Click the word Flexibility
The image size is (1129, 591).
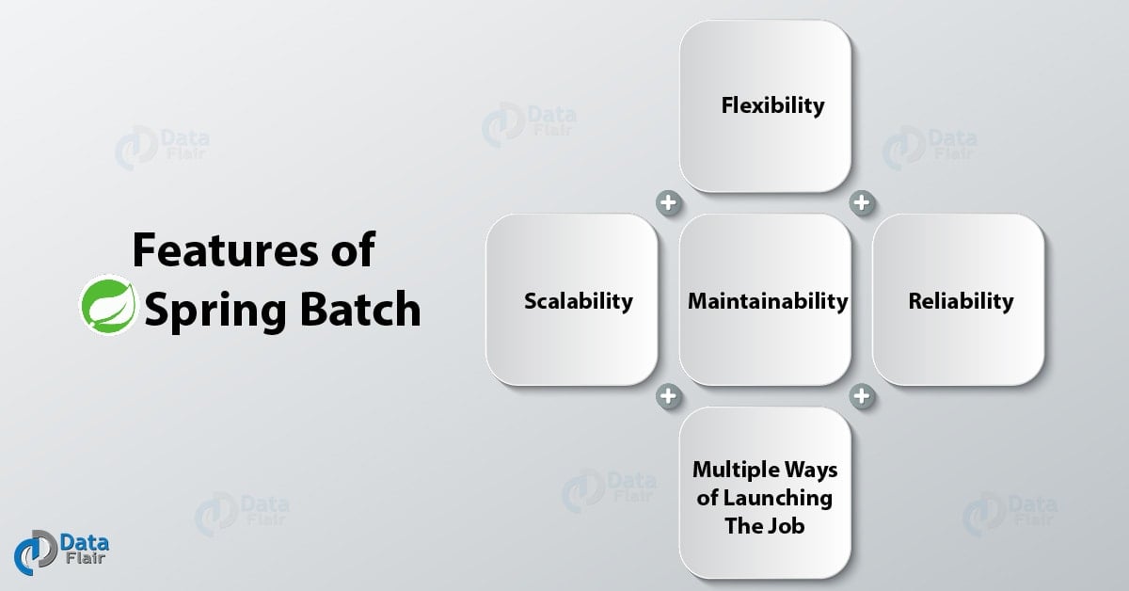coord(772,104)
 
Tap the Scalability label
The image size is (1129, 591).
coord(578,301)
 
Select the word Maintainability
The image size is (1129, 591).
coord(767,301)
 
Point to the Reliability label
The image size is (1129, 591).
coord(961,301)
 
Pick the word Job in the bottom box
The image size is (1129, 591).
coord(788,525)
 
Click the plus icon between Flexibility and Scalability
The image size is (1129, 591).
coord(669,202)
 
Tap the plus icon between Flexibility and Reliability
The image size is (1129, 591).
coord(862,202)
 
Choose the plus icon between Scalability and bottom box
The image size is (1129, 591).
coord(669,396)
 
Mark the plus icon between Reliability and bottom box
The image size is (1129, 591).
coord(862,396)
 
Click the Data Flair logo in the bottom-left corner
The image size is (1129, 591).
coord(61,550)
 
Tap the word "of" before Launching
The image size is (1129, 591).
coord(708,497)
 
